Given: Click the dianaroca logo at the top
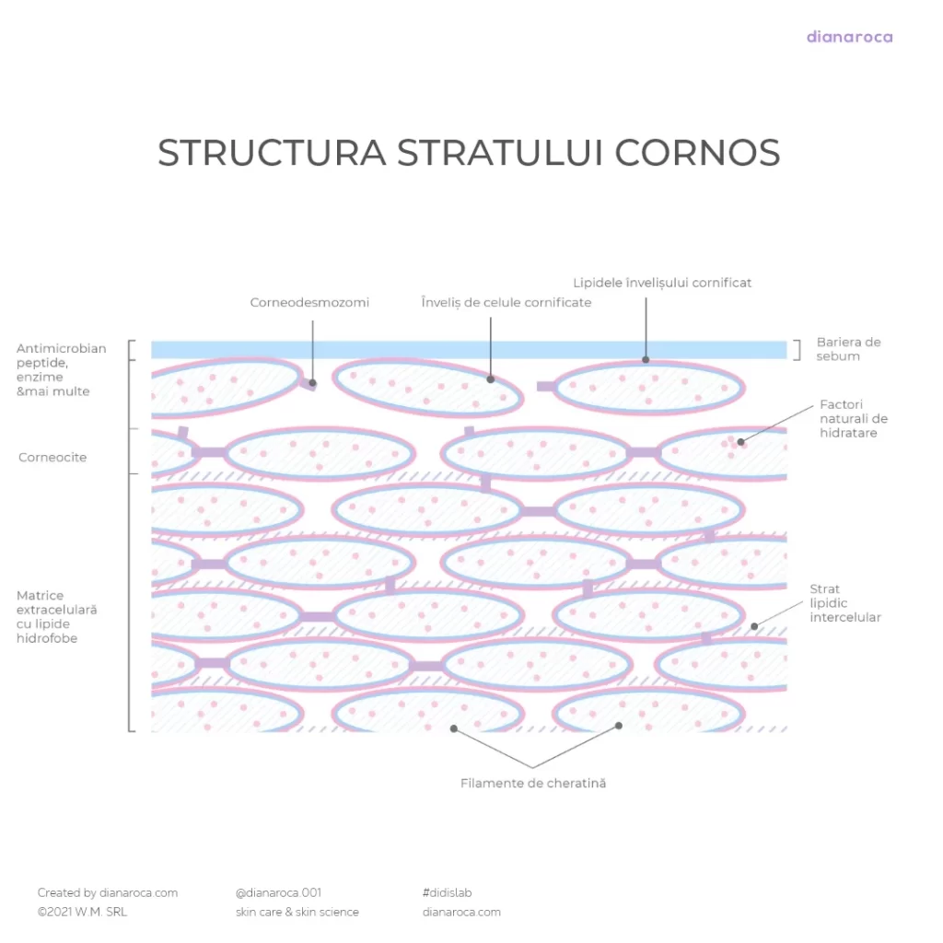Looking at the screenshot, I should (x=849, y=38).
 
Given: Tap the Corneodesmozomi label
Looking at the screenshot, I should (x=309, y=302).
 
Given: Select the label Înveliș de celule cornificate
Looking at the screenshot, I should (x=506, y=302).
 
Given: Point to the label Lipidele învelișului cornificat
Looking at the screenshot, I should (x=662, y=283).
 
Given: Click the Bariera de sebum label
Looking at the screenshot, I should (x=848, y=349).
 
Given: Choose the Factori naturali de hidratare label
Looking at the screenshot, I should (x=854, y=419).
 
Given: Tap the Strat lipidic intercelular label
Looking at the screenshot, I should (x=845, y=603).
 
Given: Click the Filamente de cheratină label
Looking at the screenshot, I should (x=533, y=784).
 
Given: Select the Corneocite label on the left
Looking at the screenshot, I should (x=52, y=458).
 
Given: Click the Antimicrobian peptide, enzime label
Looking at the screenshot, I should (x=61, y=370).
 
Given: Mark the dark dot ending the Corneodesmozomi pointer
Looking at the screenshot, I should (x=313, y=382).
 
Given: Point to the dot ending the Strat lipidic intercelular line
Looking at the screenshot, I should (x=754, y=627).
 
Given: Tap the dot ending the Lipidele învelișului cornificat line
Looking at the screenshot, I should (x=646, y=360).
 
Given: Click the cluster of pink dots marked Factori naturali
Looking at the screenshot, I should (x=733, y=443).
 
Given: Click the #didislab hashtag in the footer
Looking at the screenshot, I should (x=448, y=892).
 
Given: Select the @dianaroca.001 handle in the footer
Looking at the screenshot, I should (x=278, y=892).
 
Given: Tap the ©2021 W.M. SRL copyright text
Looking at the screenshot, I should (x=82, y=913).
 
